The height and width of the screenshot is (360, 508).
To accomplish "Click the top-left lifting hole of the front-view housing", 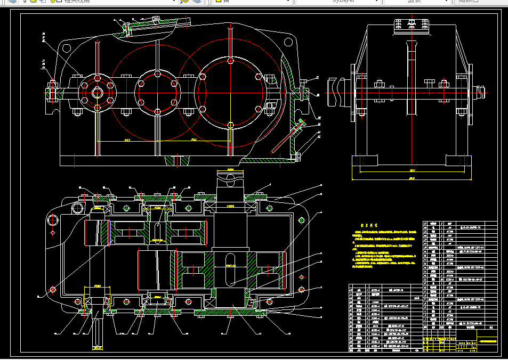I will (67, 48).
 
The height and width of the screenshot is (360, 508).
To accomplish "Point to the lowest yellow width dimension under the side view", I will (412, 178).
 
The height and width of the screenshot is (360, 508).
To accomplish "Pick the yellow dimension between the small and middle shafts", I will (127, 141).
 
